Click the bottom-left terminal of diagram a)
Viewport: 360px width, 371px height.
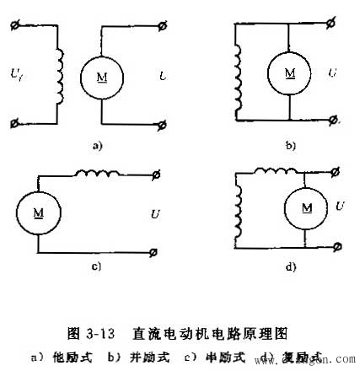(x=14, y=125)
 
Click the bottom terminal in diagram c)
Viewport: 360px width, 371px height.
(x=155, y=252)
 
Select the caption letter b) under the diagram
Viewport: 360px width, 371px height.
(x=289, y=146)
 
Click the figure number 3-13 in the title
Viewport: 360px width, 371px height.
(x=90, y=334)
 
